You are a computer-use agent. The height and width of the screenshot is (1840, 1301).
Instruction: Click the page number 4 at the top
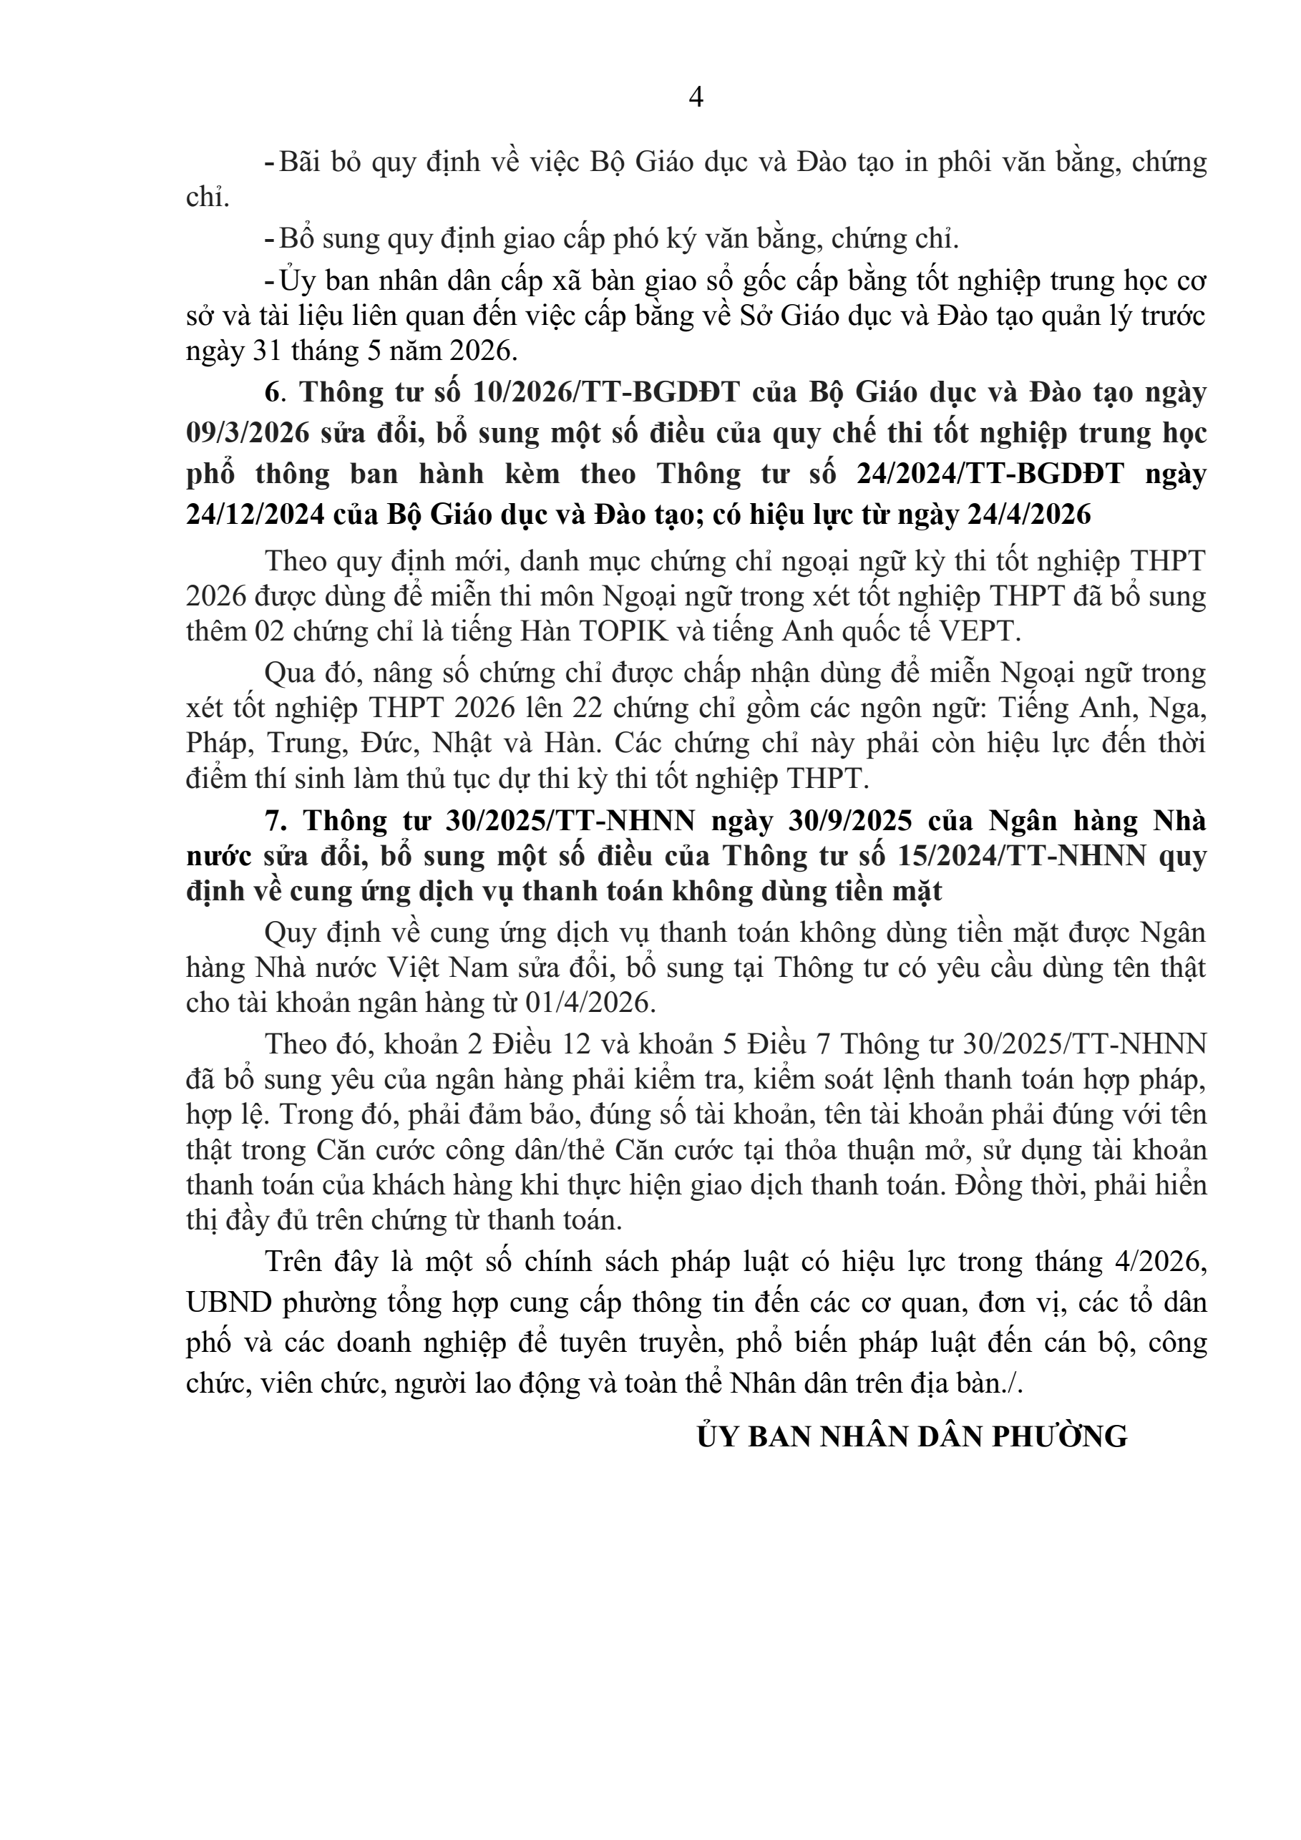click(696, 98)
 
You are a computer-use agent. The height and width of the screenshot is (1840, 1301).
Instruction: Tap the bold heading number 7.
click(273, 822)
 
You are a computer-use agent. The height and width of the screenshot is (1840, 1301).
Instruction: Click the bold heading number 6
click(273, 393)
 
